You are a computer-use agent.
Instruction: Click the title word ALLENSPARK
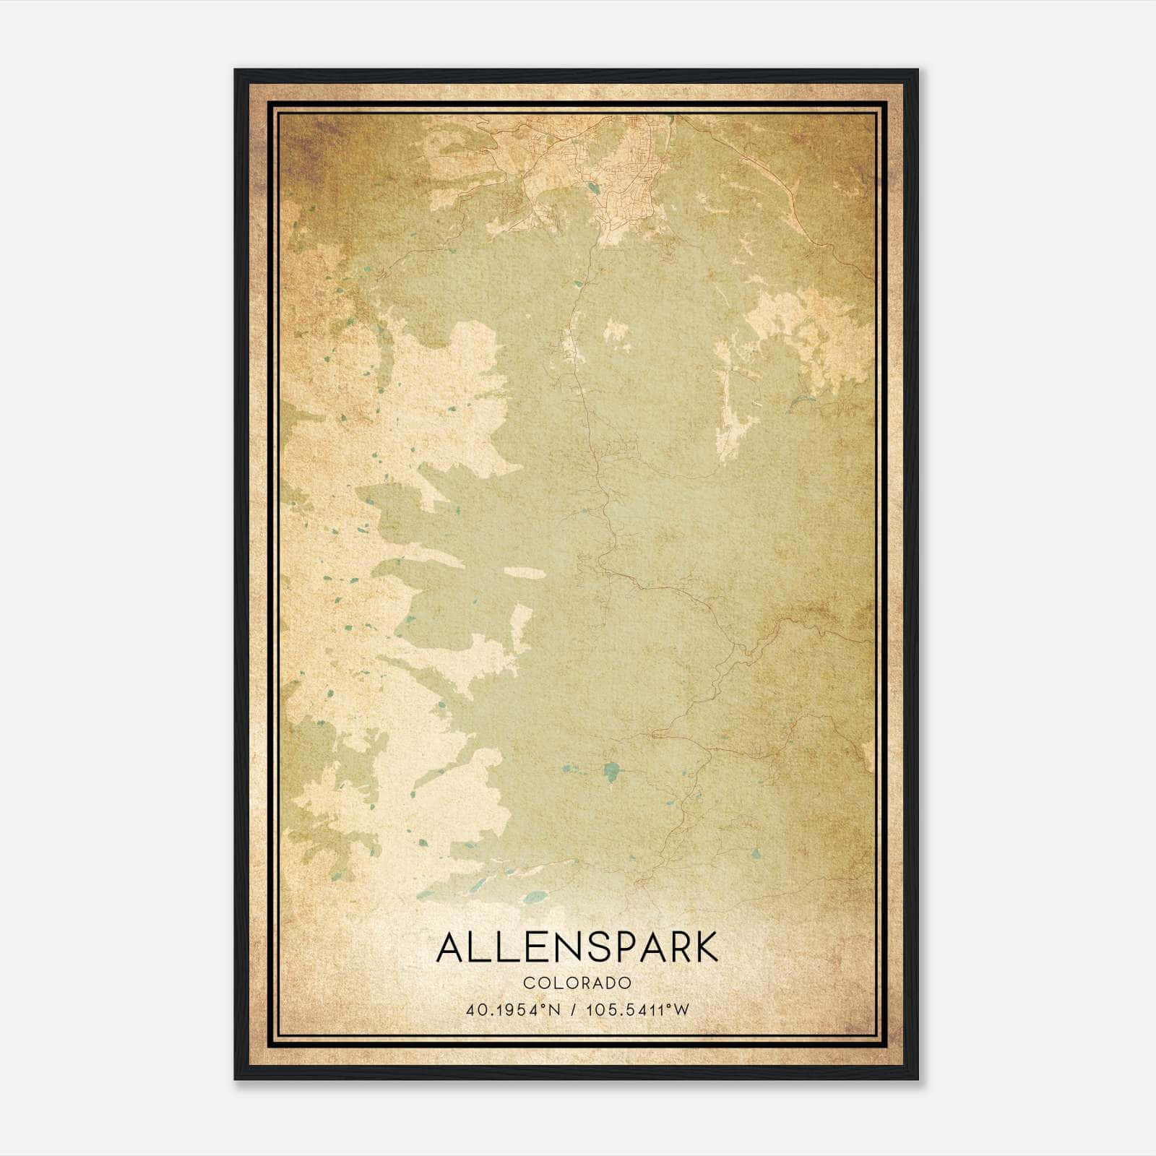577,947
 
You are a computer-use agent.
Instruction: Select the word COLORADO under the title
577,983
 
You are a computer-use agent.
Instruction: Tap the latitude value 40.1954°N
514,1010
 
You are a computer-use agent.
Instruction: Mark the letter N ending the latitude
555,1010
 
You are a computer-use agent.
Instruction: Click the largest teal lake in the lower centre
612,772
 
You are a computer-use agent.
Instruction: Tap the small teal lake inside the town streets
592,189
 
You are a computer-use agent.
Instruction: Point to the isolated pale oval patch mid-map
524,572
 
